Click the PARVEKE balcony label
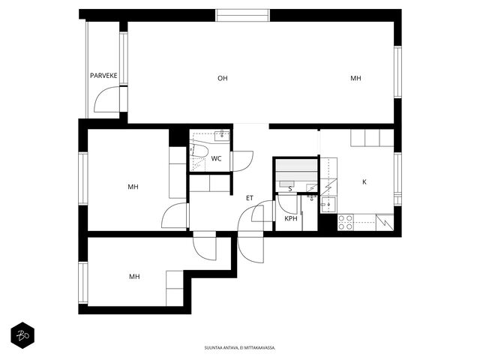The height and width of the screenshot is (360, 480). tap(103, 76)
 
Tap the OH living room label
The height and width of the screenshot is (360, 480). tap(223, 78)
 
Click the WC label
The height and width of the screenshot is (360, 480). tap(216, 158)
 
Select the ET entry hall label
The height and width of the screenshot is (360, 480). tap(250, 198)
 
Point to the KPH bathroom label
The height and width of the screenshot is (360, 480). tap(291, 218)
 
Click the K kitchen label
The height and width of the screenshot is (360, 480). tap(364, 181)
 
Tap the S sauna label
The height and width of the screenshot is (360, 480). tap(290, 189)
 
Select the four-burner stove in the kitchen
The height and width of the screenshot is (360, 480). tap(346, 223)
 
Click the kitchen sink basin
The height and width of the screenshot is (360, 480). tap(328, 205)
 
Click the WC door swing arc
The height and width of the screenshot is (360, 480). tap(243, 161)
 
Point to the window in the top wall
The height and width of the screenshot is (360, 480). tap(242, 15)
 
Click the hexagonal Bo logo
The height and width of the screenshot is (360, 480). tap(22, 335)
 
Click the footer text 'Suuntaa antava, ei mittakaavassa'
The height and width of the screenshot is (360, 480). tap(240, 348)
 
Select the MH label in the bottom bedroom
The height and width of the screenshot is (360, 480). tap(134, 277)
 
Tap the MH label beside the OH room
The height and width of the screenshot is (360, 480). tap(355, 78)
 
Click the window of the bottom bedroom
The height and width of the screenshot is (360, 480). tap(83, 283)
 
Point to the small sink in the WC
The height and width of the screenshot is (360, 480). tap(222, 136)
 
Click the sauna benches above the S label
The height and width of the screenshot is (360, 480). tap(296, 170)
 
